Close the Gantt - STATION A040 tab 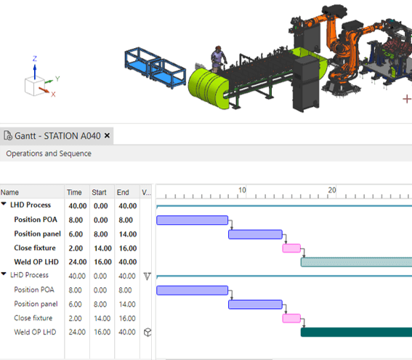(107, 135)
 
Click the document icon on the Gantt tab (8, 136)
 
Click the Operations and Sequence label (49, 153)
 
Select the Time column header (74, 192)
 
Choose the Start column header (99, 192)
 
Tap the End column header (123, 192)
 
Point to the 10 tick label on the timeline (242, 190)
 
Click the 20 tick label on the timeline (332, 190)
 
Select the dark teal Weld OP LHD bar (356, 332)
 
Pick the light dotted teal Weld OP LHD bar (356, 262)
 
